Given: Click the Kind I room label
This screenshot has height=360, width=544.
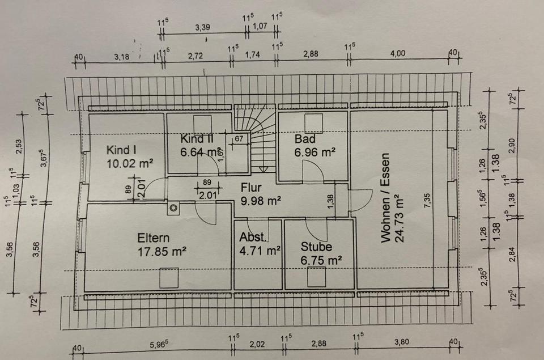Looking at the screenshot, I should pos(122,150).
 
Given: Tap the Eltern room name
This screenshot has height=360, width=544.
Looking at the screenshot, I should pos(153,238).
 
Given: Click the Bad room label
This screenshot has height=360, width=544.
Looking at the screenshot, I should pos(304,139).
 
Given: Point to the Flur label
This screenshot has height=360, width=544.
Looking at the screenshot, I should pos(250,187).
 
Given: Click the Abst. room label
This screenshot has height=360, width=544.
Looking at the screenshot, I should pos(252,238).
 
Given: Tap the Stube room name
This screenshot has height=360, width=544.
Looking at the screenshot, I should pos(316,247).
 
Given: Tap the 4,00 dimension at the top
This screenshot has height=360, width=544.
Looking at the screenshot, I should pos(398,53).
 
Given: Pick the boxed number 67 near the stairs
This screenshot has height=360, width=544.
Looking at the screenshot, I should pos(239,138).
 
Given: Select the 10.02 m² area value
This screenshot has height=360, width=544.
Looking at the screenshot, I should pos(131,163).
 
